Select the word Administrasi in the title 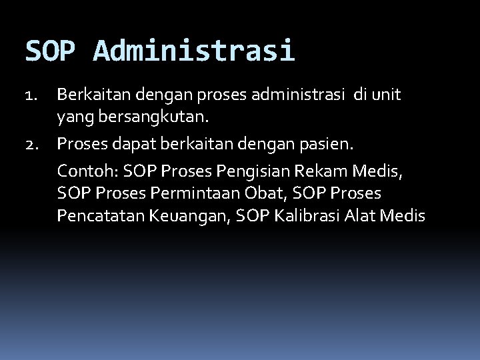coord(194,50)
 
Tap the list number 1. coord(33,96)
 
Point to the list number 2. coord(33,143)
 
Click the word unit coord(388,95)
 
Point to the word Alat coord(363,215)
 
